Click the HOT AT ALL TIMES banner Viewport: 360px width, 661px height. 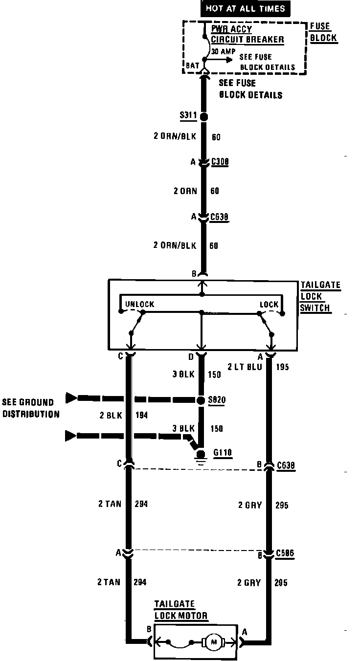pyautogui.click(x=245, y=8)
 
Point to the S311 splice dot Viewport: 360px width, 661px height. pyautogui.click(x=203, y=117)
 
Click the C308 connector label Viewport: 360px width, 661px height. pyautogui.click(x=221, y=162)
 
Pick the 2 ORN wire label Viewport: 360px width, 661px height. pyautogui.click(x=185, y=191)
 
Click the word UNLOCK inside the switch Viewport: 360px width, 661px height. pyautogui.click(x=139, y=304)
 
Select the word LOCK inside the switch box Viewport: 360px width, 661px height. pyautogui.click(x=269, y=304)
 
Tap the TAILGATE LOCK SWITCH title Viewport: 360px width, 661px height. pyautogui.click(x=320, y=296)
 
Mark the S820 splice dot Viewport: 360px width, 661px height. pyautogui.click(x=201, y=400)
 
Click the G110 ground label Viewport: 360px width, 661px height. pyautogui.click(x=223, y=453)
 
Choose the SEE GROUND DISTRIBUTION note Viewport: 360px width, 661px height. pyautogui.click(x=30, y=408)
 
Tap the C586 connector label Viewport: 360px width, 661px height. pyautogui.click(x=285, y=554)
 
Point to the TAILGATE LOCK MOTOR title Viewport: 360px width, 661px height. pyautogui.click(x=180, y=610)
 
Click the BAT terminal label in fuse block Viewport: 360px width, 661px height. pyautogui.click(x=192, y=65)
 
